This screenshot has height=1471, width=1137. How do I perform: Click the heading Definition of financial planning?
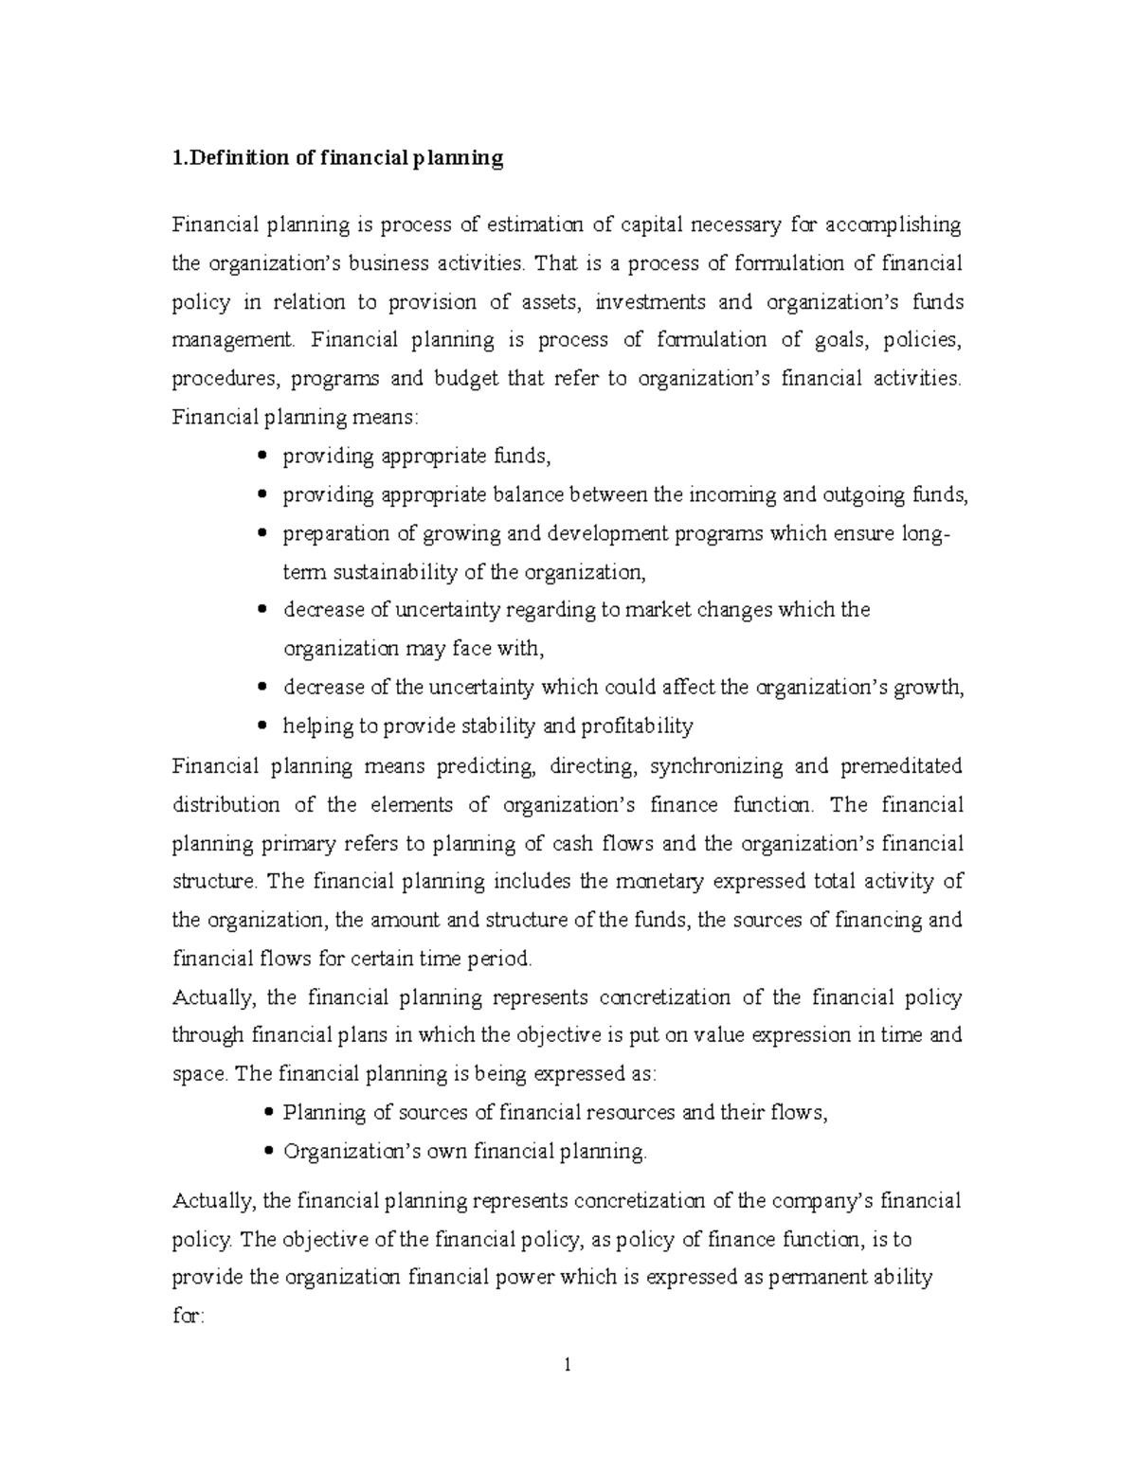click(337, 158)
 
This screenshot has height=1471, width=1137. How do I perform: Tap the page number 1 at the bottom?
click(567, 1365)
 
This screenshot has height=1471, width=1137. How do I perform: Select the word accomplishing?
click(893, 224)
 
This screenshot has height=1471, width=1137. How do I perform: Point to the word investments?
click(653, 302)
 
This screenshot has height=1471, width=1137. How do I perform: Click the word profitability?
click(636, 727)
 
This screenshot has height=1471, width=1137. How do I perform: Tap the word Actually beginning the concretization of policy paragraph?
click(215, 997)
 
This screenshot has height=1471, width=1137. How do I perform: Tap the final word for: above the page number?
click(188, 1316)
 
